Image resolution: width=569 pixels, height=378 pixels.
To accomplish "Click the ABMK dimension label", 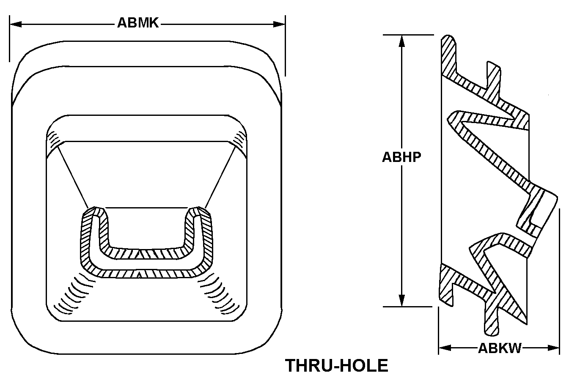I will (x=138, y=23).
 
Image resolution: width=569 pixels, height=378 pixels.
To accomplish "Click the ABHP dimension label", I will (x=401, y=157).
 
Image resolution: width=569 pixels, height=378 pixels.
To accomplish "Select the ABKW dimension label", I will (x=500, y=348).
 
